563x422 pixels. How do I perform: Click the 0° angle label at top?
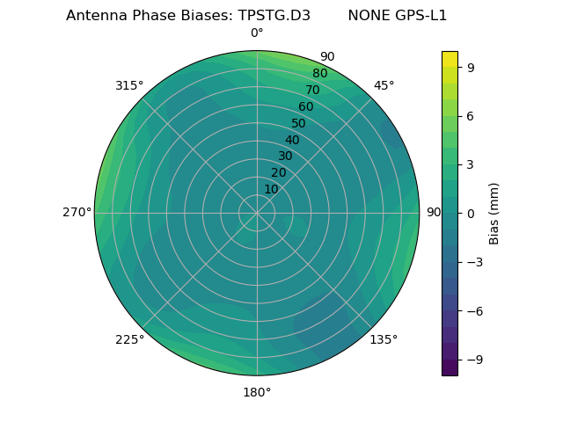tap(257, 33)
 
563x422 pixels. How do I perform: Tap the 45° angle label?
tap(384, 85)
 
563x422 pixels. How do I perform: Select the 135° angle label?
tap(384, 339)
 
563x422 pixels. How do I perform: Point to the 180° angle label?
tap(257, 392)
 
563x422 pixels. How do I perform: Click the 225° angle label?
tap(129, 339)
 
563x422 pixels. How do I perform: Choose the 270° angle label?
tap(77, 213)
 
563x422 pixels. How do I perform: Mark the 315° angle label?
tap(129, 85)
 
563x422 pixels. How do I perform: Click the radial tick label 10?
tap(271, 189)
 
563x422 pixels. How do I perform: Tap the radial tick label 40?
tap(292, 140)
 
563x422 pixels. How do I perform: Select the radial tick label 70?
tap(312, 90)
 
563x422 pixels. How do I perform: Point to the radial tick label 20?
tap(278, 172)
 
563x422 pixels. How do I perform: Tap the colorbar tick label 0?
tap(471, 213)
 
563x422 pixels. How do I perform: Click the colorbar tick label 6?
tap(471, 115)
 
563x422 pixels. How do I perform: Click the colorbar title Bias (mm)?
tap(494, 213)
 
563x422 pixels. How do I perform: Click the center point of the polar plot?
tap(257, 213)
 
